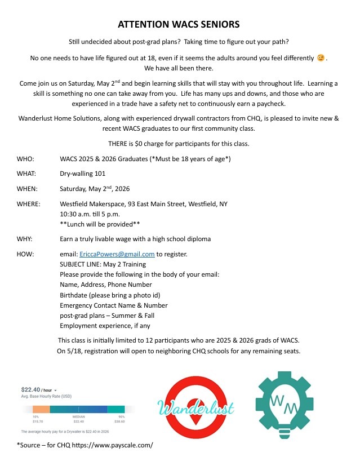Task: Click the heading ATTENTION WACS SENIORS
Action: pos(179,25)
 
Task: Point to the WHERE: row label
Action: pos(29,203)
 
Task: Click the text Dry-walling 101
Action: pos(83,174)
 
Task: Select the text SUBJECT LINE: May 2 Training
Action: pos(103,264)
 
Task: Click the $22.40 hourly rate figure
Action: pos(30,389)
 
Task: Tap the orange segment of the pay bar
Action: pos(41,409)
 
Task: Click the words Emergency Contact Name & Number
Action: pos(114,305)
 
